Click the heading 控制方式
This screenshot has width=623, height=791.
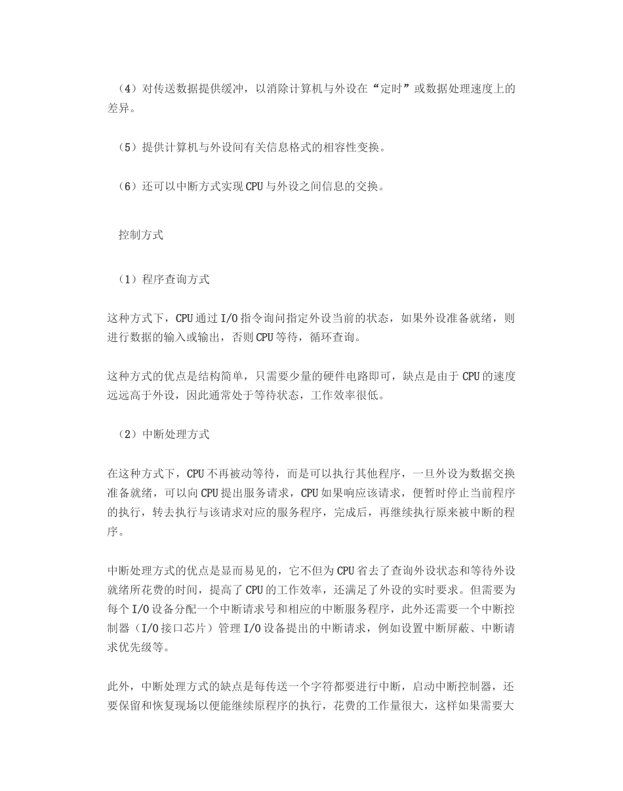tap(140, 234)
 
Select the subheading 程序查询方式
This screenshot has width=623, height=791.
tap(176, 279)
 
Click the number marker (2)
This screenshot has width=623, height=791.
tap(126, 434)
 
